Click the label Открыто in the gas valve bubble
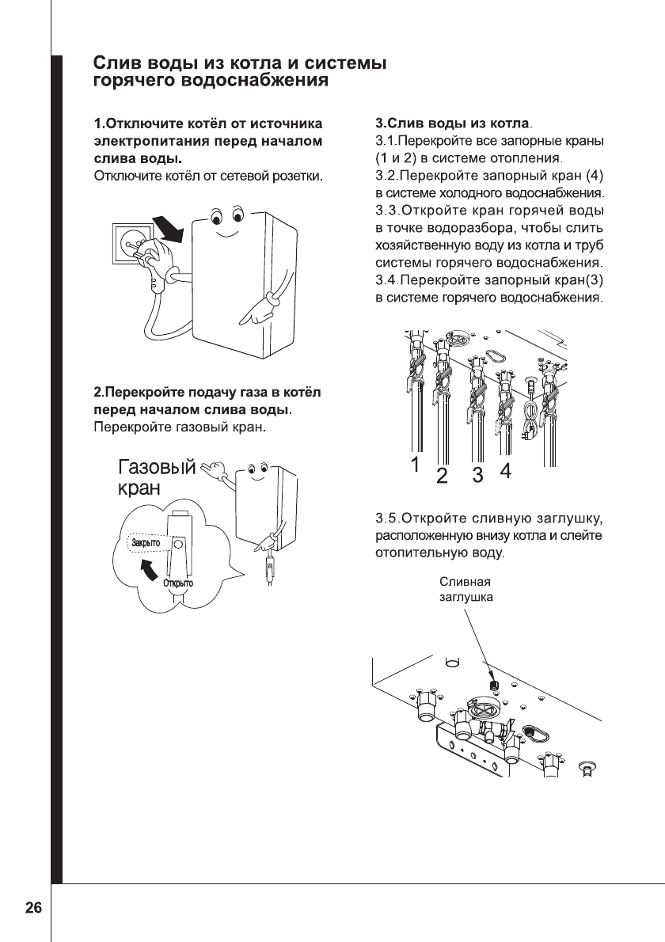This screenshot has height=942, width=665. coord(178,583)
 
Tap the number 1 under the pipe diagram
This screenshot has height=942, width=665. coord(413,466)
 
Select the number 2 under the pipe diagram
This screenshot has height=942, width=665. coord(442,476)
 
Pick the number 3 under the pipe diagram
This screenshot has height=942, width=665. coord(477,475)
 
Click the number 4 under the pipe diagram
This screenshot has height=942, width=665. coord(505,471)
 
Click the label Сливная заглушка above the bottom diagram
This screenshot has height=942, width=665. coord(466,591)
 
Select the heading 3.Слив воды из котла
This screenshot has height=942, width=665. coord(453,124)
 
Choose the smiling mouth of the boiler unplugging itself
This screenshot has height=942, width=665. coord(226,235)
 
